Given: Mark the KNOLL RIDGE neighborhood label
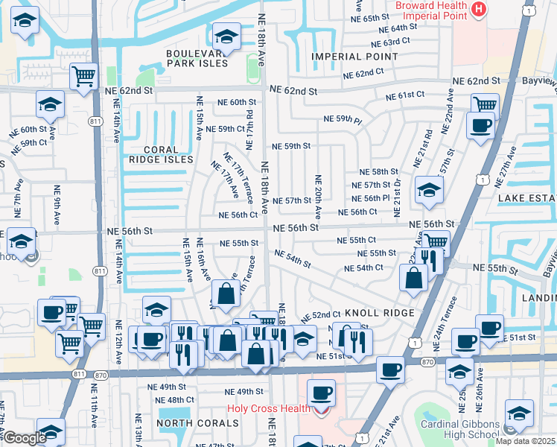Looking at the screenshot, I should [384, 314].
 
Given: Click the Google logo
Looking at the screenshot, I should [24, 438].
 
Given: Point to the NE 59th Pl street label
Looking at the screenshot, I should [343, 119].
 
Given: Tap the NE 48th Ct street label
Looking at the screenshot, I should [165, 400].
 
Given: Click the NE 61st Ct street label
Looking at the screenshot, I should [405, 95].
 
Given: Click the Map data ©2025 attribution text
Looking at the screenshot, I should [526, 441].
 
